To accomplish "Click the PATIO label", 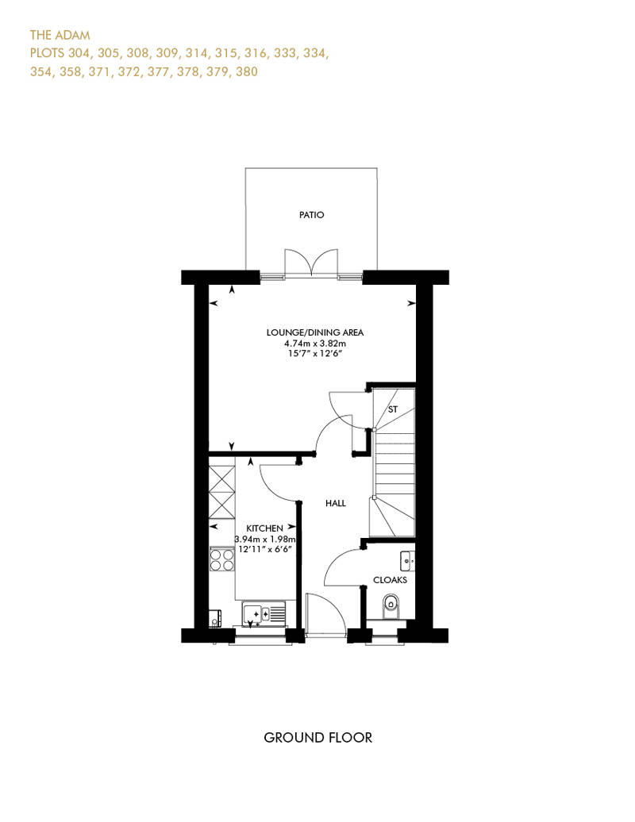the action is (x=311, y=215).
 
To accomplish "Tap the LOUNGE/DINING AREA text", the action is (x=314, y=332).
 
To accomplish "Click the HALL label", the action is (x=336, y=503).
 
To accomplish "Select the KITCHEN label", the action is (x=265, y=528).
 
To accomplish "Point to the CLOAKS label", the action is (x=390, y=580).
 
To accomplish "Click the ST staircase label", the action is (x=393, y=409).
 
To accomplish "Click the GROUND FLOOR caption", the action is (x=317, y=738).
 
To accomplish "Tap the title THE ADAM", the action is (x=60, y=35).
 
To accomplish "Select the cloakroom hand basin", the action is (x=407, y=562).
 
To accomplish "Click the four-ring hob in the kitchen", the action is (x=221, y=559).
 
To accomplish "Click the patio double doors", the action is (x=311, y=262).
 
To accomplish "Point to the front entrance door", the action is (x=325, y=616).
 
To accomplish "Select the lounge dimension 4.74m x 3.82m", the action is (x=315, y=344).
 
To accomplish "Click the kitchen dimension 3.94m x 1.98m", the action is (x=265, y=539).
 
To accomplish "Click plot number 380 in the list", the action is (x=246, y=72).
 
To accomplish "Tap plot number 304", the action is (x=79, y=53).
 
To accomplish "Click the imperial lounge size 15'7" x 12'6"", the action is (x=315, y=354).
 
